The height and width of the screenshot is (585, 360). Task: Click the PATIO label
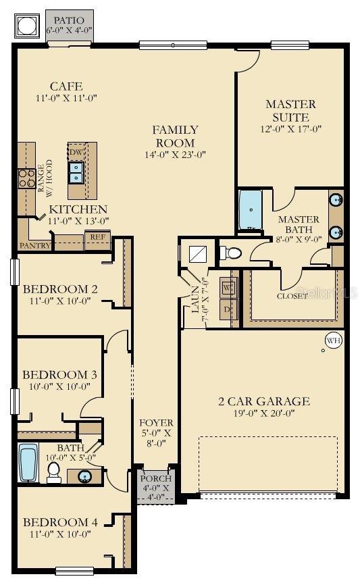70,20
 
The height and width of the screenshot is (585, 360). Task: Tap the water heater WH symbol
333,341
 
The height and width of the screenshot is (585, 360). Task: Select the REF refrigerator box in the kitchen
97,238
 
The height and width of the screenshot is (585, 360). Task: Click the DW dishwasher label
76,153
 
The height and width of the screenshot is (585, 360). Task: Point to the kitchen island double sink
76,173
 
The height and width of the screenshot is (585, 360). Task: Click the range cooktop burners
26,178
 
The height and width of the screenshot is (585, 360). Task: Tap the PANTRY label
35,245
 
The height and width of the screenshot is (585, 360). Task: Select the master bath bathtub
251,210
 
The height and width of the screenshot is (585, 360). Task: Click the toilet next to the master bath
231,253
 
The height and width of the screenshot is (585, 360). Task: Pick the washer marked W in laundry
228,287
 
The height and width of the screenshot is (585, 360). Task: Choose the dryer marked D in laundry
228,309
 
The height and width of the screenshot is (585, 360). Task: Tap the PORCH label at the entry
156,479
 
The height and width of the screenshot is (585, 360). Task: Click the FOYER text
156,423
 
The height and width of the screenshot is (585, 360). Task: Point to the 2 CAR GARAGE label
264,401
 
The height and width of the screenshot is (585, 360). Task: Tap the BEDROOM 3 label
55,375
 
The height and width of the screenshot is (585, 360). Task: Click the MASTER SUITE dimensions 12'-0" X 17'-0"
290,129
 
